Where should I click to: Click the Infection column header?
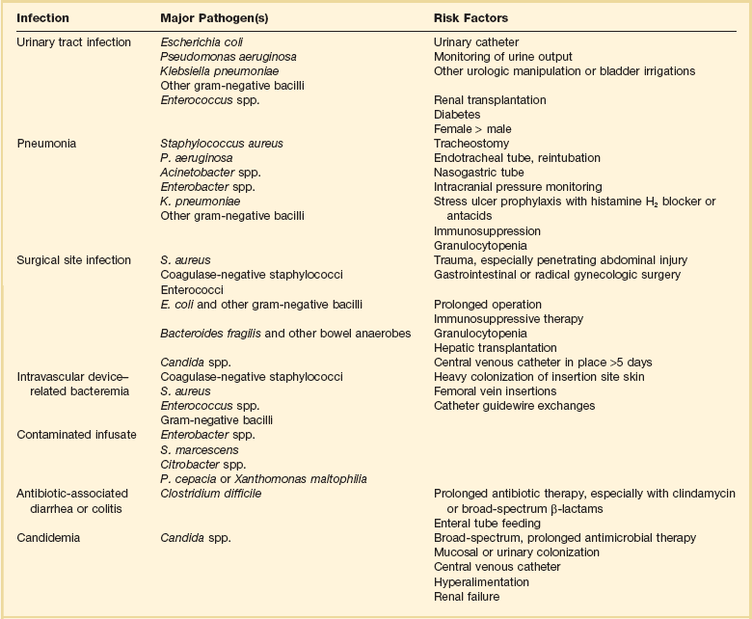[42, 18]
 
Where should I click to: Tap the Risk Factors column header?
[472, 18]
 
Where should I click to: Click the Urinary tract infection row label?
[73, 42]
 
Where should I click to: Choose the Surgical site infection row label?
[74, 259]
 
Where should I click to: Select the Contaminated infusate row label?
[77, 435]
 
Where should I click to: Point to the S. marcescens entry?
[200, 449]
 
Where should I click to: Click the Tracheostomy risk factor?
[472, 144]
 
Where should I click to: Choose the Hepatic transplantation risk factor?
[496, 347]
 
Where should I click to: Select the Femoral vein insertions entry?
[495, 391]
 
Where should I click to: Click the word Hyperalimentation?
[481, 582]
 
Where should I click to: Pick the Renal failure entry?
[467, 597]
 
